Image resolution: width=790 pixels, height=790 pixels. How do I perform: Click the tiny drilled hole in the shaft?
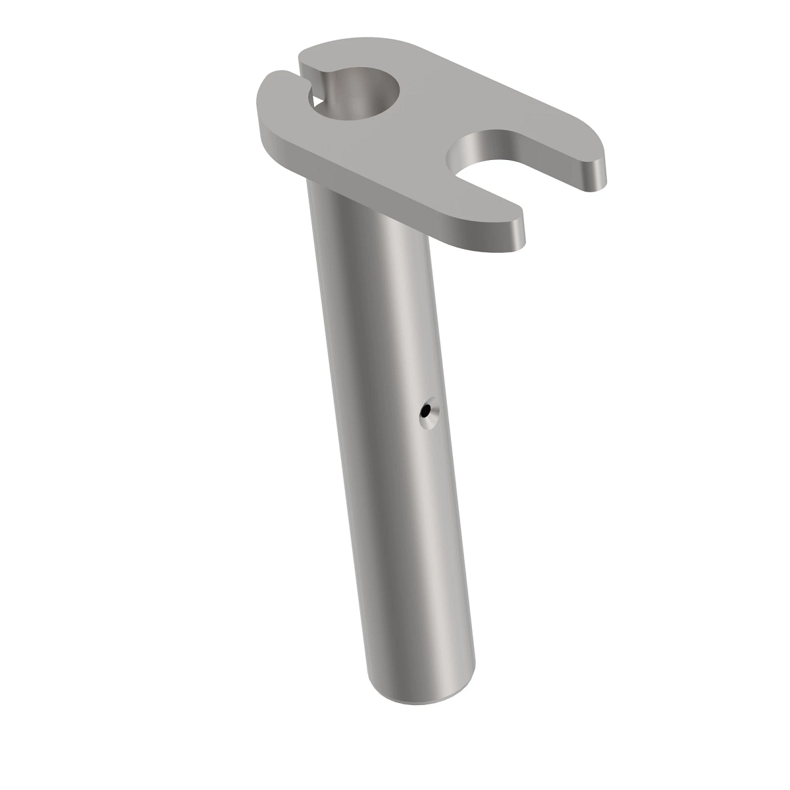428,412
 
